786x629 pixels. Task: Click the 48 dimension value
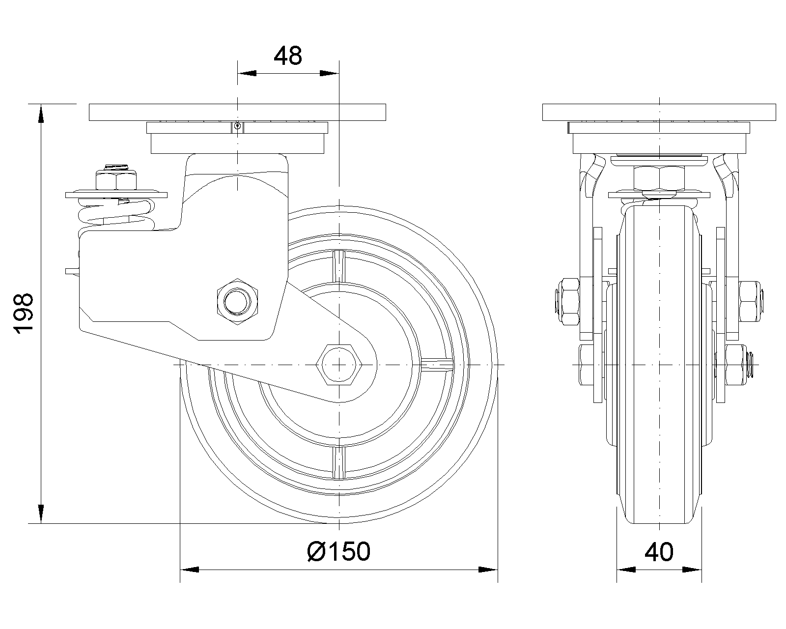[288, 57]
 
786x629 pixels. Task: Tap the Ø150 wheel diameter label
[338, 552]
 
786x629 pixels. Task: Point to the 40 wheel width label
[659, 552]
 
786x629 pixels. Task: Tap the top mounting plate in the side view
[237, 112]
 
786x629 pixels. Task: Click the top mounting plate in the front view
[659, 112]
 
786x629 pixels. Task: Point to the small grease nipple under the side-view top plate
[237, 126]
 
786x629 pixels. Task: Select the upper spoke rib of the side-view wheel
[339, 266]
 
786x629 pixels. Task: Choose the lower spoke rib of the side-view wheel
[339, 462]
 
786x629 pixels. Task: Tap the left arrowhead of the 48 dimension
[248, 74]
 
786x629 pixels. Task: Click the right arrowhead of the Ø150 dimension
[488, 570]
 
